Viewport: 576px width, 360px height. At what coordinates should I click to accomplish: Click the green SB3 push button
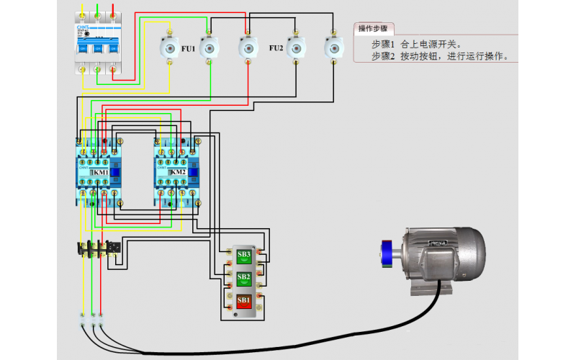click(x=244, y=254)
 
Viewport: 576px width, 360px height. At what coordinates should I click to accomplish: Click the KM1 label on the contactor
click(x=100, y=173)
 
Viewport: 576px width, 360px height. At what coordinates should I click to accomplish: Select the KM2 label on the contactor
click(x=178, y=173)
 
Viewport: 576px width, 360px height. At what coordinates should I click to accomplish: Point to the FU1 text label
click(x=188, y=48)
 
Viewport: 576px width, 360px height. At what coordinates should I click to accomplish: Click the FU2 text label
click(x=276, y=48)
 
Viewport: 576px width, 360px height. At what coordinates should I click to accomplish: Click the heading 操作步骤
click(x=373, y=29)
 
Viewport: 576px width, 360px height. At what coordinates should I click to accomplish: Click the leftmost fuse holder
click(x=170, y=48)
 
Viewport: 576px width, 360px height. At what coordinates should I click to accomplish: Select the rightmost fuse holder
click(x=332, y=48)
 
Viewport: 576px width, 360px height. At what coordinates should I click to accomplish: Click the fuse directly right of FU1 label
click(x=210, y=48)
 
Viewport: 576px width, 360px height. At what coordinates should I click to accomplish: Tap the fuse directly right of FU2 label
click(x=294, y=48)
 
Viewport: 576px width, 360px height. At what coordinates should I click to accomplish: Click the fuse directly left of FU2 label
click(x=246, y=48)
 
